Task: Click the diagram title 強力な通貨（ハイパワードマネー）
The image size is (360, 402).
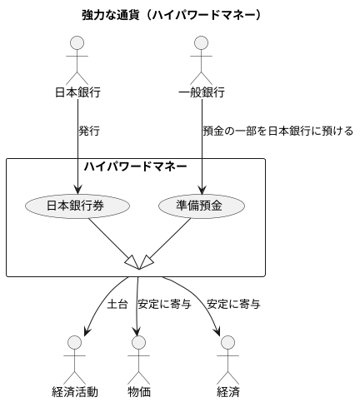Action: point(172,15)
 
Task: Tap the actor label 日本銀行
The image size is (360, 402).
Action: point(77,92)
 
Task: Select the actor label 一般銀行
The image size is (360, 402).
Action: point(202,92)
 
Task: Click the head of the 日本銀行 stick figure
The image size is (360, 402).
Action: point(77,43)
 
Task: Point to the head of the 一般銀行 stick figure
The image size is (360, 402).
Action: point(202,43)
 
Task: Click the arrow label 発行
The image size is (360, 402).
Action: point(90,131)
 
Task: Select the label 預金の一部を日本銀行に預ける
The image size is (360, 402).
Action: point(278,131)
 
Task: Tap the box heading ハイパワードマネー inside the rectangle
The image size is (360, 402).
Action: point(135,166)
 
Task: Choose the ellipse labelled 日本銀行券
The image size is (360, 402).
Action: point(77,206)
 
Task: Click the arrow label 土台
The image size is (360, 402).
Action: point(117,304)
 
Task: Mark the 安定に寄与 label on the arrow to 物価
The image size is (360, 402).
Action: point(164,304)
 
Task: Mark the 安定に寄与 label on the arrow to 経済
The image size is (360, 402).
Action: point(234,304)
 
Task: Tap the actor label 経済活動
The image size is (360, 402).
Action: point(75,392)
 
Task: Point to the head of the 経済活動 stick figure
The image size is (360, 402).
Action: point(75,343)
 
